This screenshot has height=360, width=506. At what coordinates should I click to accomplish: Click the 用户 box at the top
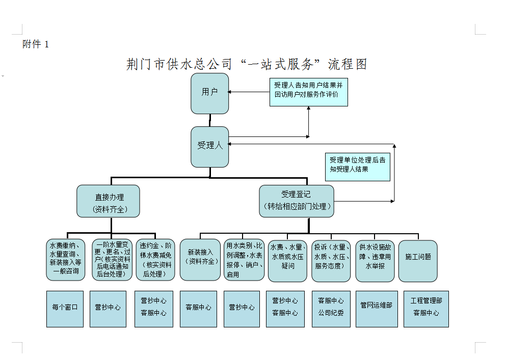[209, 93]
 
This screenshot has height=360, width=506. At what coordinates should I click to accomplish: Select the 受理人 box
[209, 147]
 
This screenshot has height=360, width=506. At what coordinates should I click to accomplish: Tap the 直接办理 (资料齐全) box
[108, 201]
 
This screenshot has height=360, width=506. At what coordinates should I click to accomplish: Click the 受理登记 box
[296, 201]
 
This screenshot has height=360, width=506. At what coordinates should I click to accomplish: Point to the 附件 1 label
[36, 44]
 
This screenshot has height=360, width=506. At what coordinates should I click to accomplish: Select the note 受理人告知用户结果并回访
[308, 92]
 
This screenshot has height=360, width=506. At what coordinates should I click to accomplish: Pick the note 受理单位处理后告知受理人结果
[357, 167]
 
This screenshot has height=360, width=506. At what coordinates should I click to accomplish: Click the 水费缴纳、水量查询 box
[65, 260]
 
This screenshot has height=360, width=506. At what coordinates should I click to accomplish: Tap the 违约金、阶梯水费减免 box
[155, 260]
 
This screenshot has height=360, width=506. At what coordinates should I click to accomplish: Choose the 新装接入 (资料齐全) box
[200, 260]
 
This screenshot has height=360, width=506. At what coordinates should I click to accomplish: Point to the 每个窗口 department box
[65, 309]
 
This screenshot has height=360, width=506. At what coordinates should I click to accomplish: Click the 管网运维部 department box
[376, 309]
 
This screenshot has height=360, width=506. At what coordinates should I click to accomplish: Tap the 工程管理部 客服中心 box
[426, 309]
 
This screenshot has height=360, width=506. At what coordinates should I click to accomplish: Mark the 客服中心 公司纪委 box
[331, 309]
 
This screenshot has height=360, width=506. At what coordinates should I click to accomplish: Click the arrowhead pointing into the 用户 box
[231, 92]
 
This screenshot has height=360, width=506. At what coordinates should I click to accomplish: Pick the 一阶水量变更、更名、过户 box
[112, 260]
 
